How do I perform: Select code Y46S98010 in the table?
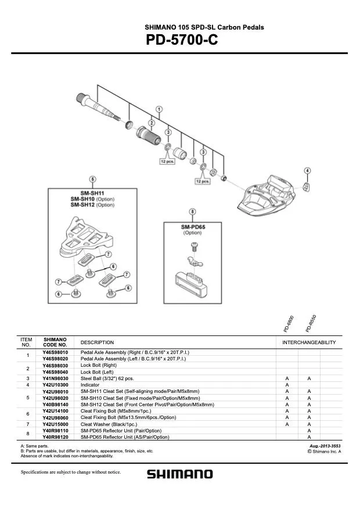point(55,352)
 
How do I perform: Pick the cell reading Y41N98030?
point(55,378)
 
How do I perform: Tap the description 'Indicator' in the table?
point(90,385)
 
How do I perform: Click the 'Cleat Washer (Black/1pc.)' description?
point(107,424)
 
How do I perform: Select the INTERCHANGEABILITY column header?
point(309,342)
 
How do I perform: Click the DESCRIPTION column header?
point(97,342)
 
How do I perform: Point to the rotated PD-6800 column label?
point(289,324)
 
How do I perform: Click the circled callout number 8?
point(192,212)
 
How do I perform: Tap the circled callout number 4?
point(307,170)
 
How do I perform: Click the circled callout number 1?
point(159,110)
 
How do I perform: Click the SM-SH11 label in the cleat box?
point(92,193)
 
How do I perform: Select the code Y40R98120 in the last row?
point(55,437)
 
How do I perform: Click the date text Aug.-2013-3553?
point(325,446)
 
